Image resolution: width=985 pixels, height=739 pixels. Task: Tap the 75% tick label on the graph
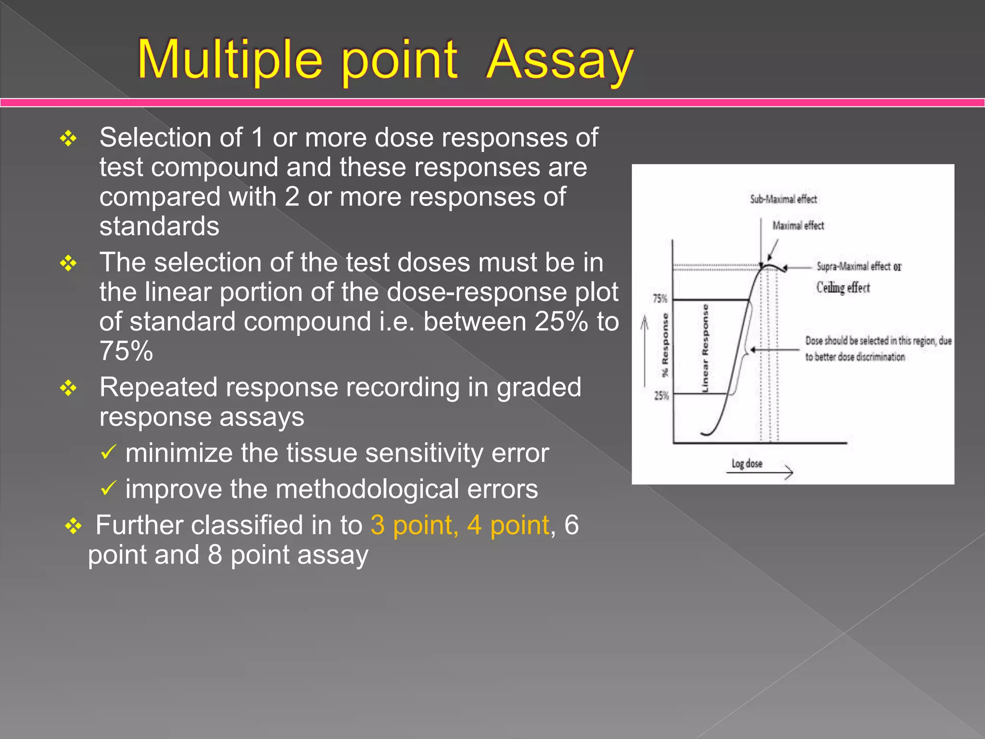click(x=660, y=299)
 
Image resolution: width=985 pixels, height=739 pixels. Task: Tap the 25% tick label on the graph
click(x=661, y=396)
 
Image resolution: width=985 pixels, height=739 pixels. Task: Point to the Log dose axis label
click(x=746, y=463)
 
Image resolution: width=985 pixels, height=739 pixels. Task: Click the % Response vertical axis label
click(x=665, y=344)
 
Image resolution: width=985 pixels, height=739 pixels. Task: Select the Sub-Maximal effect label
click(x=783, y=199)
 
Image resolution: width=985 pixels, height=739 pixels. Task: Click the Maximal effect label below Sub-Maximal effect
click(x=798, y=225)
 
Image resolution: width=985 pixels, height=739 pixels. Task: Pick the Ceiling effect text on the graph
click(x=843, y=288)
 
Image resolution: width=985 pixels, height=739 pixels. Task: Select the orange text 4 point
click(x=508, y=525)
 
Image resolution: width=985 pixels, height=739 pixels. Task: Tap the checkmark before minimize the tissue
click(x=108, y=452)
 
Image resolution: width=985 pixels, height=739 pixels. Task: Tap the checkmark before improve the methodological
click(x=108, y=488)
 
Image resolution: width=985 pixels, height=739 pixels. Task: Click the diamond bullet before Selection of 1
click(x=68, y=139)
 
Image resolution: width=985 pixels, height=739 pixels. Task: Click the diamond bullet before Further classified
click(x=73, y=526)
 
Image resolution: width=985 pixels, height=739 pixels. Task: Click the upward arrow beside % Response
click(x=644, y=351)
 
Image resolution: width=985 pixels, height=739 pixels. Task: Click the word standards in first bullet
click(x=159, y=226)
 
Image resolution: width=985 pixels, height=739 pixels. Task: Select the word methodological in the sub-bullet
click(x=367, y=489)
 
